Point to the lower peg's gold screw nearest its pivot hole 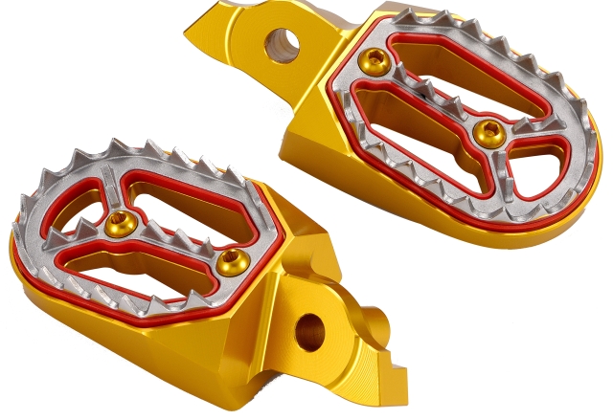point(230,260)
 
